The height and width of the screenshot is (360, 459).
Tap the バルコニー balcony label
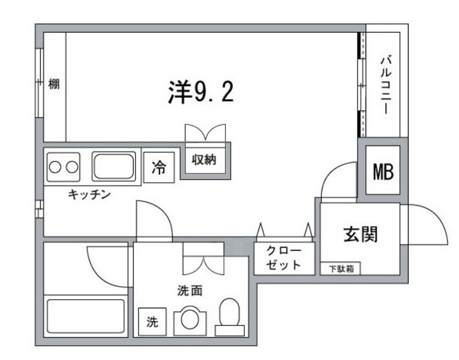click(386, 85)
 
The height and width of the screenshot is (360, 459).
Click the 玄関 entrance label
click(360, 234)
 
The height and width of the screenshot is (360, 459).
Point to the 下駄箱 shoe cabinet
click(340, 269)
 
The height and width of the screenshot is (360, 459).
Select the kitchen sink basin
click(114, 166)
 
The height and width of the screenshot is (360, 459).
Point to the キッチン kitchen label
click(89, 195)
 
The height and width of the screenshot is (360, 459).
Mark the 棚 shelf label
click(54, 84)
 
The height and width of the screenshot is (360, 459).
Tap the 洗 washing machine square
click(151, 321)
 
